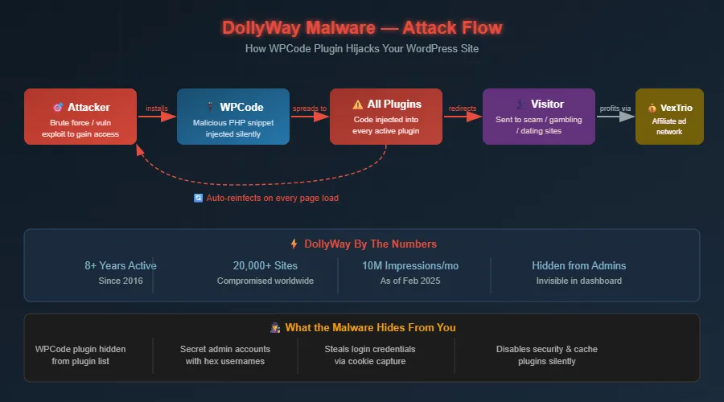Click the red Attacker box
pyautogui.click(x=80, y=117)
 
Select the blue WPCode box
pyautogui.click(x=233, y=117)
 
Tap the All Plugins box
pyautogui.click(x=386, y=117)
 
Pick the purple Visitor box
pyautogui.click(x=539, y=117)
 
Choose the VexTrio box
pyautogui.click(x=669, y=117)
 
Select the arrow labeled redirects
pyautogui.click(x=463, y=117)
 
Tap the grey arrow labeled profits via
pyautogui.click(x=615, y=117)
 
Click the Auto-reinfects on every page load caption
pyautogui.click(x=272, y=198)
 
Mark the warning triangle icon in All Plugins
pyautogui.click(x=358, y=105)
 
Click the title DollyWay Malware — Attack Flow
pyautogui.click(x=362, y=28)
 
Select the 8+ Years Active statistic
pyautogui.click(x=121, y=265)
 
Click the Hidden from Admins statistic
pyautogui.click(x=578, y=265)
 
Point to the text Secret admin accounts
pyautogui.click(x=225, y=349)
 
